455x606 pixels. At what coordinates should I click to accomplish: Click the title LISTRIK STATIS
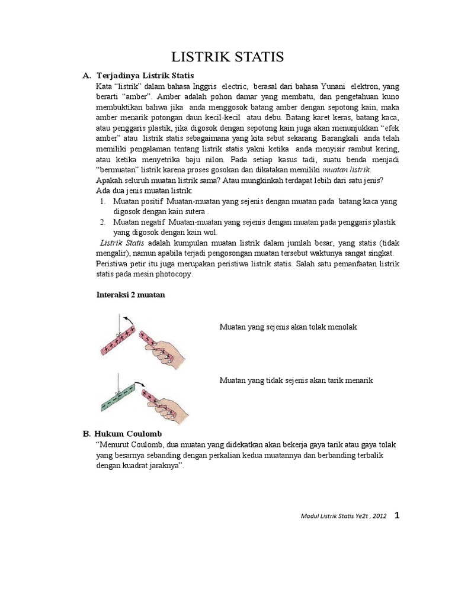tap(227, 57)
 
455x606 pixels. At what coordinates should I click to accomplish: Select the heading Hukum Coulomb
tap(129, 434)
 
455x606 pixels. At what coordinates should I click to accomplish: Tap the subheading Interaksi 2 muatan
tap(130, 294)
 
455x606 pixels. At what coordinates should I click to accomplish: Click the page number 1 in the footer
tap(397, 515)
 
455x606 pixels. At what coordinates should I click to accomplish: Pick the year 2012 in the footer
tap(380, 516)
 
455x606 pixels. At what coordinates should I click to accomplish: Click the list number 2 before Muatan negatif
tap(102, 222)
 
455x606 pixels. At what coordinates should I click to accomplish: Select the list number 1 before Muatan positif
tap(102, 202)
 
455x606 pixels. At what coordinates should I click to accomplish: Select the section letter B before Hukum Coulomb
tap(86, 434)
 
